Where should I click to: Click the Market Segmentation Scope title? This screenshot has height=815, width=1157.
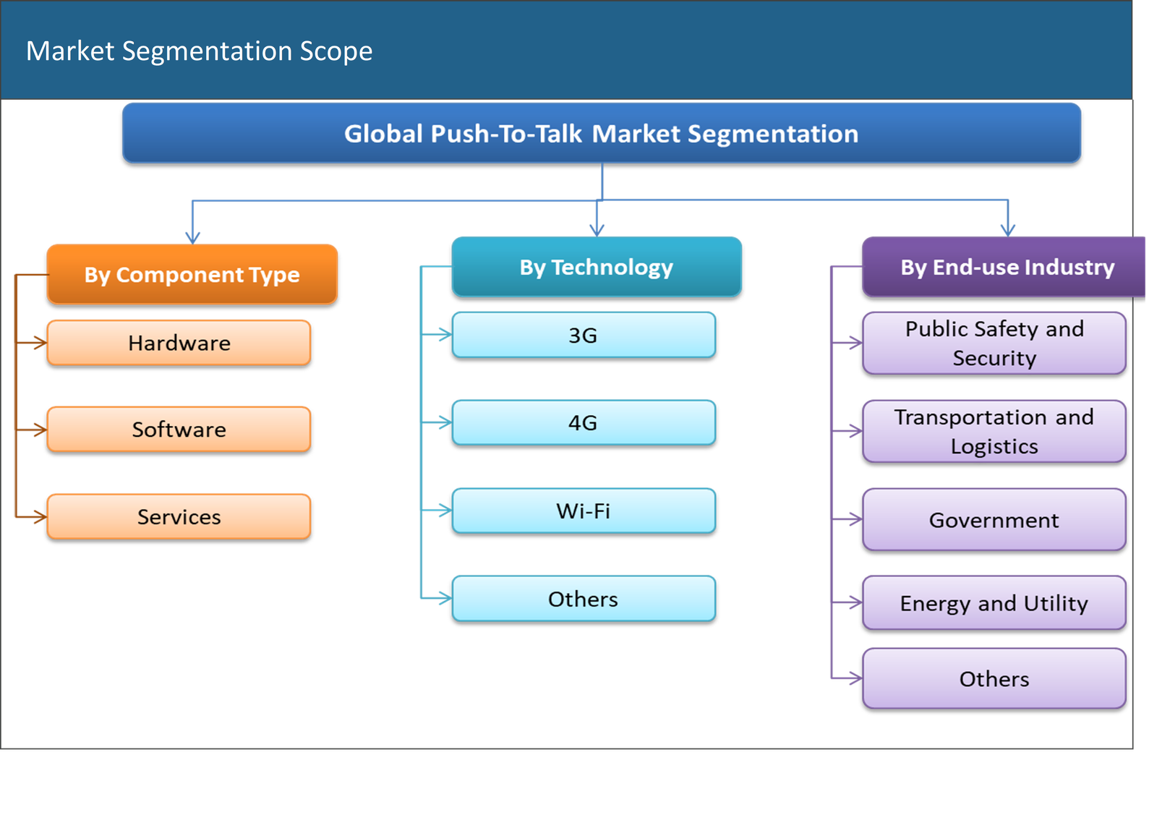click(x=199, y=51)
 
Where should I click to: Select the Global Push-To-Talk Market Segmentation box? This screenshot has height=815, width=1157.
click(x=601, y=133)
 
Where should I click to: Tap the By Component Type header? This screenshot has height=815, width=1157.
click(x=192, y=274)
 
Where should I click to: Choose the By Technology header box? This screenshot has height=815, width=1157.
click(x=597, y=267)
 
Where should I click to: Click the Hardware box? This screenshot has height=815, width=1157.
click(x=179, y=342)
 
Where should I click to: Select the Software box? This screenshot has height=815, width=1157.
click(x=179, y=429)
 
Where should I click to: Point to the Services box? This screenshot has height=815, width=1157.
click(x=179, y=516)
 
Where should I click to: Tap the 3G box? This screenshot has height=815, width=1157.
click(x=583, y=335)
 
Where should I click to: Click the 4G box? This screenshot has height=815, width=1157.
click(x=583, y=422)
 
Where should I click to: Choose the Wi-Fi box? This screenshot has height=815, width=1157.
click(x=583, y=511)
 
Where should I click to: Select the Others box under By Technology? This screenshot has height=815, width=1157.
click(x=583, y=599)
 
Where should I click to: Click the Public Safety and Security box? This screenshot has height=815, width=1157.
click(x=994, y=343)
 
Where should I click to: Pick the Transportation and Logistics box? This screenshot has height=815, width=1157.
click(x=994, y=431)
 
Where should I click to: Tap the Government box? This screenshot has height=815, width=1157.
click(x=994, y=520)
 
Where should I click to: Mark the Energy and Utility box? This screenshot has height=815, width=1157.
click(x=994, y=603)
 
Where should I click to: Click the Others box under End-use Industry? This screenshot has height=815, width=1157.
click(x=994, y=678)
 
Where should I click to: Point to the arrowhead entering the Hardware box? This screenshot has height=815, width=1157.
click(x=40, y=343)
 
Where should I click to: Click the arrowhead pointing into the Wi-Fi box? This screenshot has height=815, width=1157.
click(x=445, y=511)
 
